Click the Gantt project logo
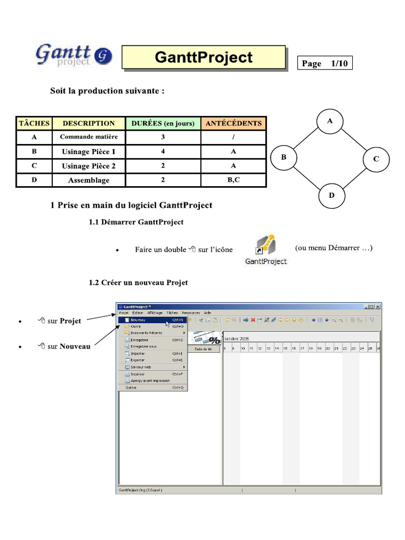(73, 55)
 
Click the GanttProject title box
(204, 57)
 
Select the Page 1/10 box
(325, 63)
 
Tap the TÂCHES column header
(34, 123)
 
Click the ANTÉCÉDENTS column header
(233, 123)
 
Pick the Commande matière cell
(89, 137)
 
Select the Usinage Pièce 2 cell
(89, 166)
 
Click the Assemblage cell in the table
(89, 180)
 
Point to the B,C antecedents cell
(233, 180)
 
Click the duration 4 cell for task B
(163, 151)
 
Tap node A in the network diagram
(330, 121)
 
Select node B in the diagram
(284, 157)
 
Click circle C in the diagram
(376, 158)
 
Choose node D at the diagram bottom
(332, 195)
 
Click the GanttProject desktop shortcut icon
(266, 248)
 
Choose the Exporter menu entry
(138, 360)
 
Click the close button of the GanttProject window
(377, 306)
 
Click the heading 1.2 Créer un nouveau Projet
(138, 283)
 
